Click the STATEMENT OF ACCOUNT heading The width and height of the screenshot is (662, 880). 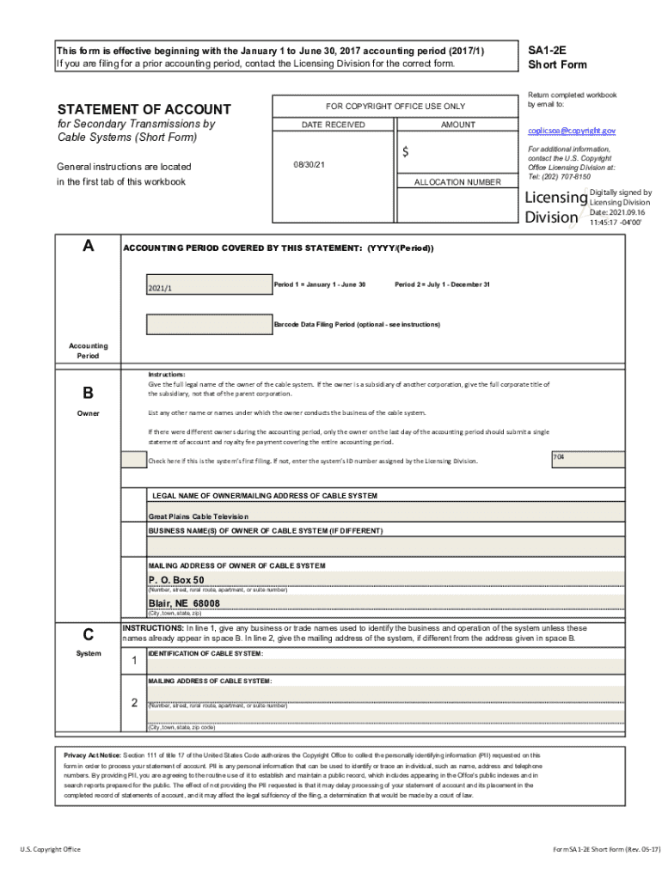click(144, 109)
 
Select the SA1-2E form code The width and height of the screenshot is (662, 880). click(548, 51)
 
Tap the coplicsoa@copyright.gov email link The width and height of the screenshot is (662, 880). click(572, 131)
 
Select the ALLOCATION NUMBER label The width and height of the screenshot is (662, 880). click(457, 182)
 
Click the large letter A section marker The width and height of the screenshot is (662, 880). click(88, 247)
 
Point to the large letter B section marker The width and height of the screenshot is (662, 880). click(88, 393)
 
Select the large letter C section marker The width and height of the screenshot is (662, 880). click(88, 635)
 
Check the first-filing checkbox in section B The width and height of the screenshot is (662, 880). click(134, 460)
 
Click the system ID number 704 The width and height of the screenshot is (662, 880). click(559, 455)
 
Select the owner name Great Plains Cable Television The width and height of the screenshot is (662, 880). click(199, 516)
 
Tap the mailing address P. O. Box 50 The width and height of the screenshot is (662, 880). click(176, 580)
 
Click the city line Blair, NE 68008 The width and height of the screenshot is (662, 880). click(184, 604)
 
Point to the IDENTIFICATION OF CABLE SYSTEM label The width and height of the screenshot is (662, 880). click(205, 654)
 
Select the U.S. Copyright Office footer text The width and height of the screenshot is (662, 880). click(50, 849)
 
